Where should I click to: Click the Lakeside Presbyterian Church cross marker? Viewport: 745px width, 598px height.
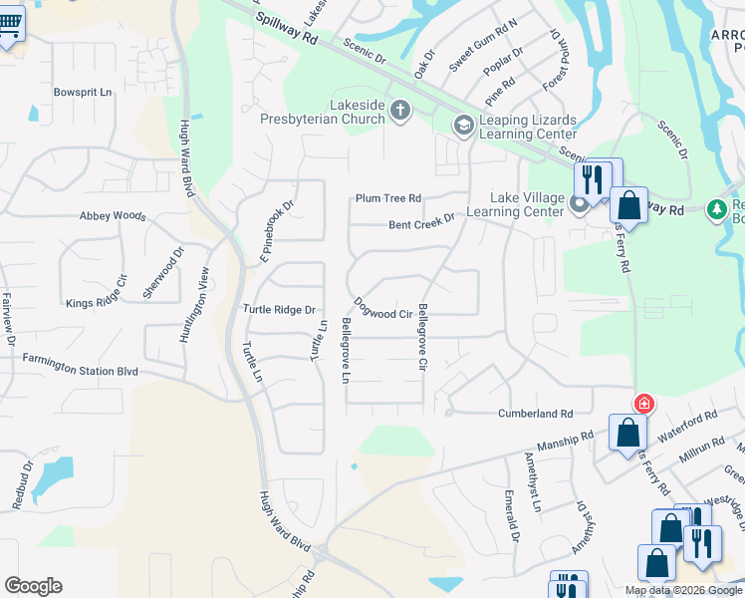[400, 110]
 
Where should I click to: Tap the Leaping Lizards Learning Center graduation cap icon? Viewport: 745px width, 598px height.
[462, 126]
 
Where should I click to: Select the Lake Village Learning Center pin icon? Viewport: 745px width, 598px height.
[580, 205]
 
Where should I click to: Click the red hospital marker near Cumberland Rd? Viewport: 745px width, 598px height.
[644, 404]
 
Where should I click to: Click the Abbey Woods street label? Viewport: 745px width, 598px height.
[113, 216]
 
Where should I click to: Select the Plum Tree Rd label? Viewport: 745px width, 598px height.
[388, 198]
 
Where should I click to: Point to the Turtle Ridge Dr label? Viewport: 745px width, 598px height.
[279, 310]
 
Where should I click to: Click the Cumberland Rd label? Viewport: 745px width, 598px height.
[536, 413]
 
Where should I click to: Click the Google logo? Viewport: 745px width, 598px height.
[33, 586]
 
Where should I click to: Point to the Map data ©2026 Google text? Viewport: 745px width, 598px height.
[684, 590]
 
